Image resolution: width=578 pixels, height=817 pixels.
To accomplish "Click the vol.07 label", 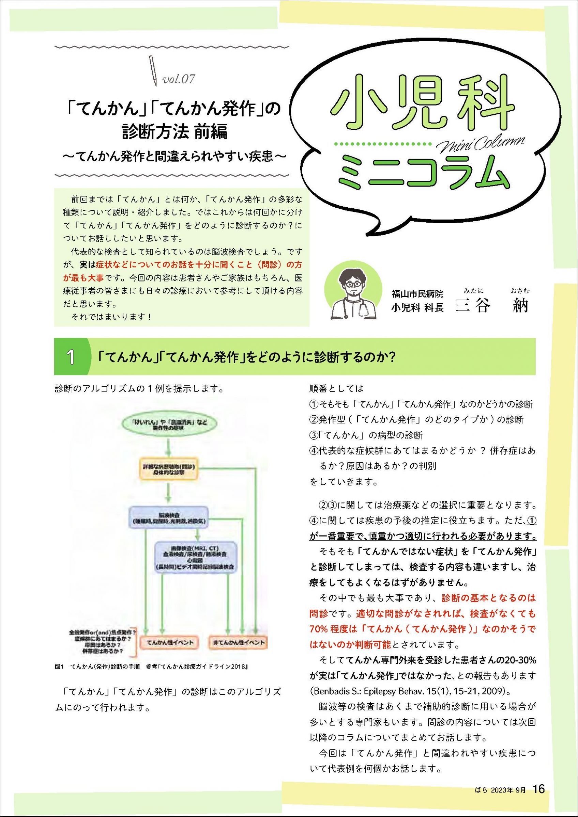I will tap(179, 79).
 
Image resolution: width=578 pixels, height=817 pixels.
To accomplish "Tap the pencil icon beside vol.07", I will tap(153, 70).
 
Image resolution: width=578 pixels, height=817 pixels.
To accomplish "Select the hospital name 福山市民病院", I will tap(417, 294).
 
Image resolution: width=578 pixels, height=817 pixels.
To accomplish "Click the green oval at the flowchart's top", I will tap(169, 425).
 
